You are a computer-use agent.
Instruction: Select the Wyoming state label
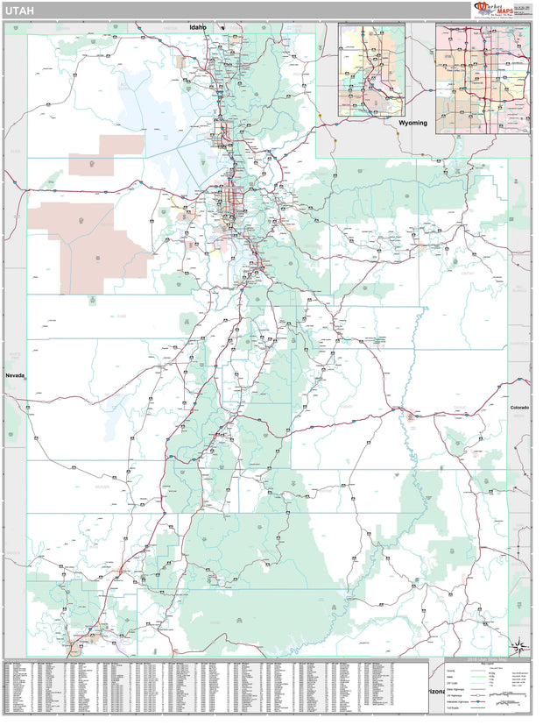(x=413, y=124)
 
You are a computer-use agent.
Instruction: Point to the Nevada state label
(x=16, y=375)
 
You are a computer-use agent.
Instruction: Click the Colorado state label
(x=520, y=408)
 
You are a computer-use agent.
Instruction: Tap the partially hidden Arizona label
(x=436, y=692)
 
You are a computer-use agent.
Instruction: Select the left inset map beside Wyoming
(x=372, y=70)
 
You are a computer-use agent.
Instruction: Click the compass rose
(x=520, y=647)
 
